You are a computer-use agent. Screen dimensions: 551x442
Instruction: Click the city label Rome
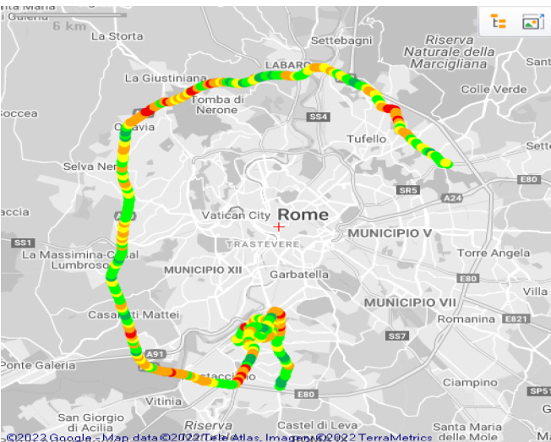303,215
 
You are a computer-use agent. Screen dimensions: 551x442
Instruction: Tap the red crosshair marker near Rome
279,226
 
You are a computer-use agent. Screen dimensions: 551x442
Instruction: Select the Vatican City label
236,216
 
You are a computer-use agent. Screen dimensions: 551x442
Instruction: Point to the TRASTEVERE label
263,244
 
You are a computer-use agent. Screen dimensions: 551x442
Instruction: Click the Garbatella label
298,275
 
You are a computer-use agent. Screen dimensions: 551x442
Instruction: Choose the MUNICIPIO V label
390,232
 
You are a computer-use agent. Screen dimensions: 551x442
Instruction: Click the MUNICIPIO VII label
410,302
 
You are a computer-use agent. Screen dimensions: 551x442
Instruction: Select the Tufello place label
367,139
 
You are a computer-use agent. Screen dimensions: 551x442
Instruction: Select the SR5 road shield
408,190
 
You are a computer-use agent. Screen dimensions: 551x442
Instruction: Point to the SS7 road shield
397,336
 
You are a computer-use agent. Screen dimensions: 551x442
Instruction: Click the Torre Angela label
493,253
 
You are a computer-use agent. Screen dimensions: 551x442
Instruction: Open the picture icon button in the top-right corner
532,22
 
